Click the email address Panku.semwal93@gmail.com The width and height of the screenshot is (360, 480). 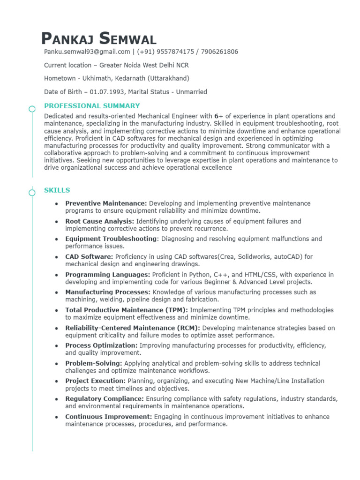click(x=87, y=52)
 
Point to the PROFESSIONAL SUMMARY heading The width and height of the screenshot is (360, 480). click(x=92, y=106)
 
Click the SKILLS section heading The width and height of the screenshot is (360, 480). click(x=57, y=190)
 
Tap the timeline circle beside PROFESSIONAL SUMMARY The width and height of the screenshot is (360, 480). click(x=32, y=109)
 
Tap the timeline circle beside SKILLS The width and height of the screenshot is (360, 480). click(x=32, y=192)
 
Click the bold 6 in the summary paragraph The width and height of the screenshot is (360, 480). click(x=216, y=116)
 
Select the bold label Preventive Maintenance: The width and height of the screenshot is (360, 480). click(x=106, y=203)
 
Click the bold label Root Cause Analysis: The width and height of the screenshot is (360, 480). click(x=100, y=221)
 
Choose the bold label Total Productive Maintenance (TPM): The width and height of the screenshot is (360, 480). click(x=126, y=310)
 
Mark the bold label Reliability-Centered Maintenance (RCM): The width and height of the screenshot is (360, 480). click(x=133, y=328)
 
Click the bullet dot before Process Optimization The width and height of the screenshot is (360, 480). click(x=56, y=346)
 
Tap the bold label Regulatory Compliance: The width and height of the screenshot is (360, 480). click(x=105, y=399)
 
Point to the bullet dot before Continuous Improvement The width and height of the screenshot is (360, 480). click(x=56, y=417)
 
